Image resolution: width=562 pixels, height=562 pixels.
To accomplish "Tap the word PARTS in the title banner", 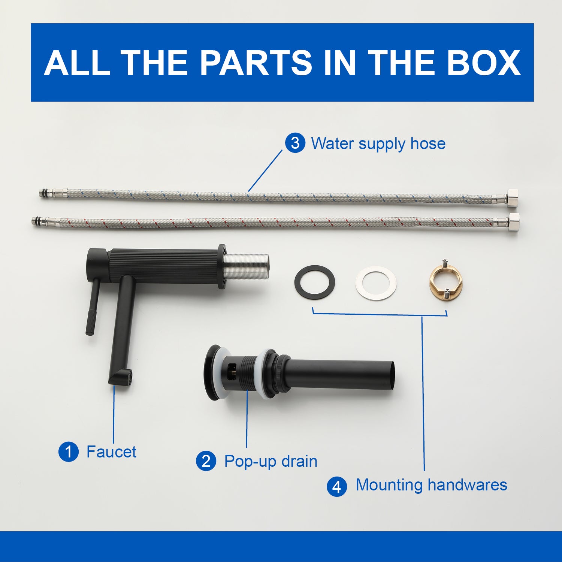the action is (256, 62).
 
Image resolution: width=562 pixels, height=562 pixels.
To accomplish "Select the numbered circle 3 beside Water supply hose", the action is (295, 143).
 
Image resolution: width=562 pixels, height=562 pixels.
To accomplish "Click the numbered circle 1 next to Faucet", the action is (69, 451).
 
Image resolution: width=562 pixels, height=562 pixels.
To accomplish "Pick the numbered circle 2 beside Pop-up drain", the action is (206, 461).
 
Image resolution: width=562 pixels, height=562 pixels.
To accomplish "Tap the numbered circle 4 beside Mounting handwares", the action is (337, 486).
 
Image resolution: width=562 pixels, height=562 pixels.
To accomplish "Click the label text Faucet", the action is (111, 451).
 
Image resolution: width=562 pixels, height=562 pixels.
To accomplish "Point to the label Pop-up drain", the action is (271, 462).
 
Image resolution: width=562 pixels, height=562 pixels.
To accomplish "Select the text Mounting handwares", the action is (431, 485).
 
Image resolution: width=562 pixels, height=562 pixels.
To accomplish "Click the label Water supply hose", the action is (378, 144).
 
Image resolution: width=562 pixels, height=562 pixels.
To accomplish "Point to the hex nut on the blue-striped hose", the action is (513, 197).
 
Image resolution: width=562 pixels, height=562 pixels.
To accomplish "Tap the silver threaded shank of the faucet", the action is (247, 267).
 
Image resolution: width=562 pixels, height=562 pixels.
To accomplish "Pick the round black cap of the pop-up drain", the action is (212, 372).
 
